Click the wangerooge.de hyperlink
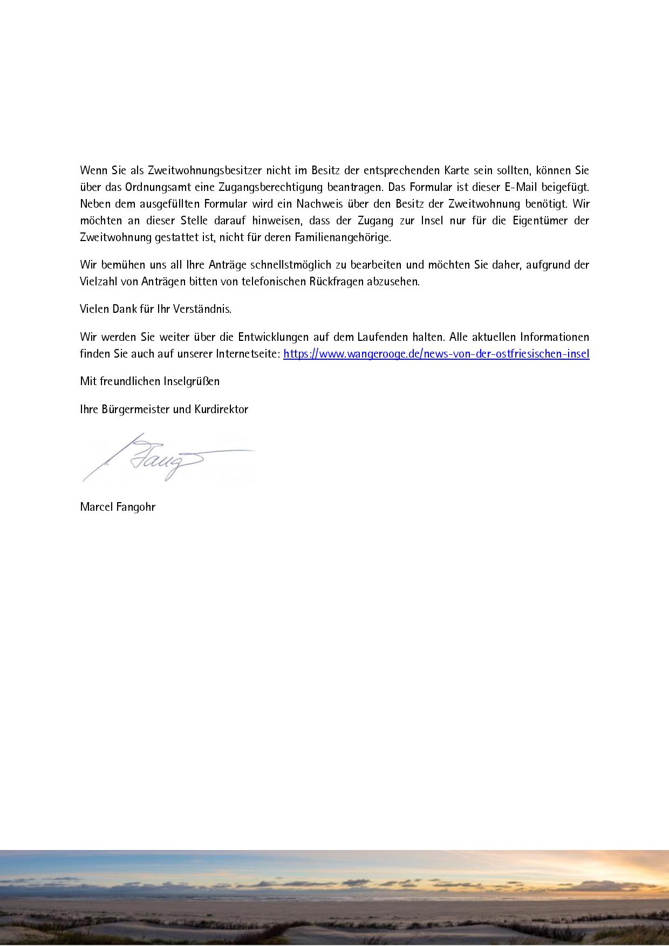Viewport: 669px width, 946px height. click(436, 354)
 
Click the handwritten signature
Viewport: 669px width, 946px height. click(162, 458)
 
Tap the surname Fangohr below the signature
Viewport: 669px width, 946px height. click(136, 507)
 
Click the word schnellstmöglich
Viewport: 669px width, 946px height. click(291, 265)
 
